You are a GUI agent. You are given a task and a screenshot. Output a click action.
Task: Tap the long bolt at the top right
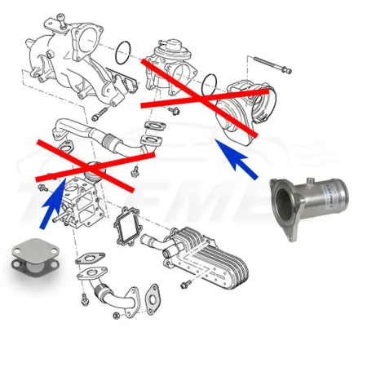point(272,64)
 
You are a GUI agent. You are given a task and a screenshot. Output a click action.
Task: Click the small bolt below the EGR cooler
point(187,285)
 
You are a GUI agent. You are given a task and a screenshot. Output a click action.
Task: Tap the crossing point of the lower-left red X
point(88,160)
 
